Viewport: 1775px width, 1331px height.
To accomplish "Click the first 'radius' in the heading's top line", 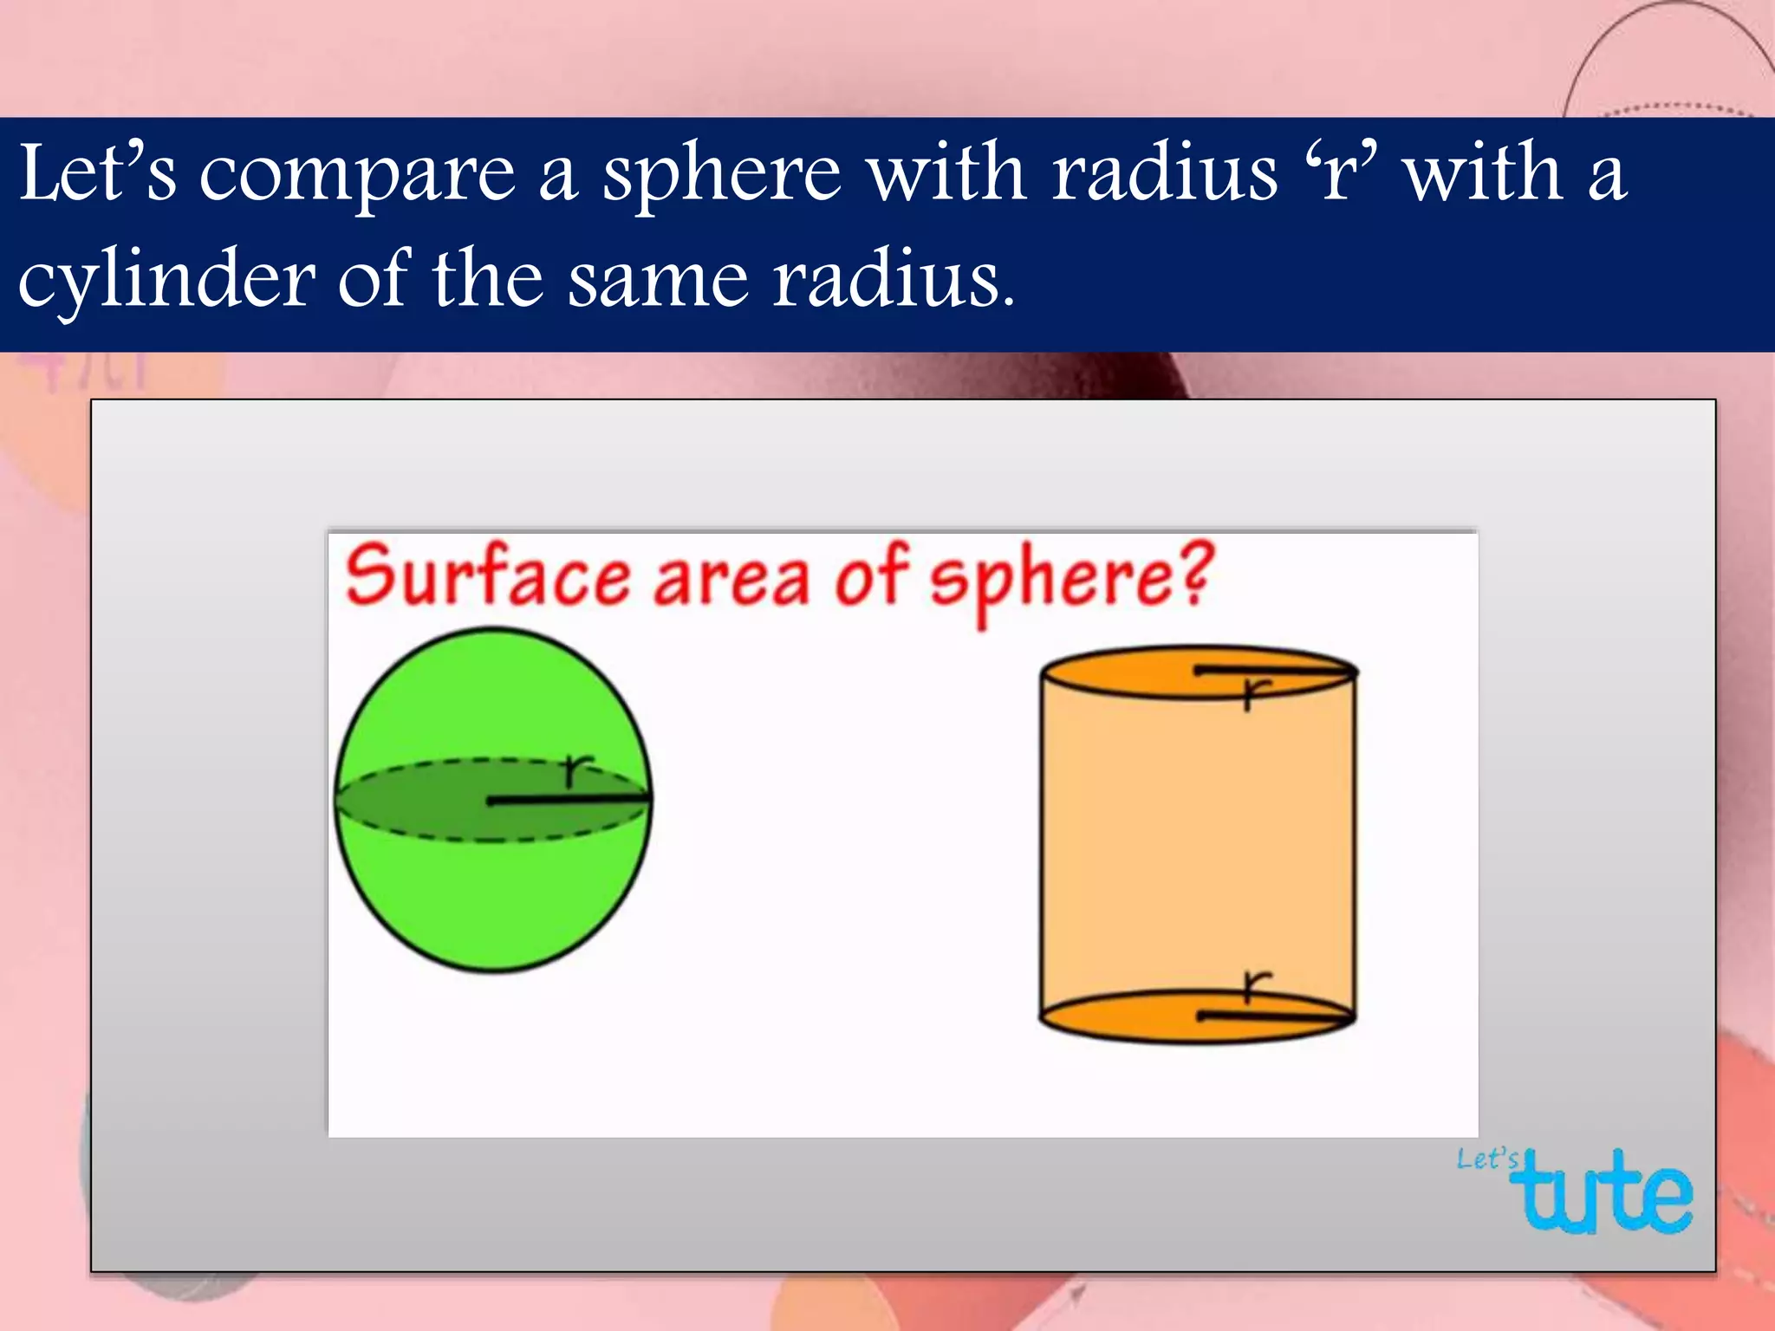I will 1165,173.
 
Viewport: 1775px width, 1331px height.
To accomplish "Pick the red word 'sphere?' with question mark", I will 1071,579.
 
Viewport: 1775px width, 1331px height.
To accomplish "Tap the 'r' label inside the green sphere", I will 576,769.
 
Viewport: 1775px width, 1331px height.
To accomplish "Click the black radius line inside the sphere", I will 568,801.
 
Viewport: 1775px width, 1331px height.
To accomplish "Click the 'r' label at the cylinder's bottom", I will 1255,985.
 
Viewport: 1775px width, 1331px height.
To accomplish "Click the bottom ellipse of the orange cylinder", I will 1118,1018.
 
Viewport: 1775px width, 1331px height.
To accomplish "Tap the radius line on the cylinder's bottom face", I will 1274,1014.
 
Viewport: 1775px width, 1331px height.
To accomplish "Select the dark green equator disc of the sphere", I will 416,801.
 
